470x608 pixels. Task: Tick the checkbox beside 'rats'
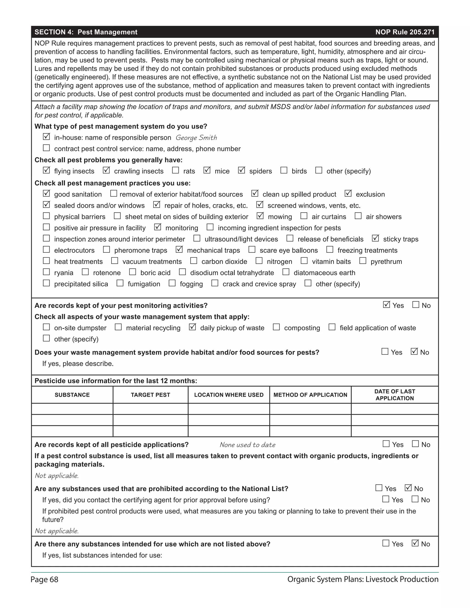coord(175,170)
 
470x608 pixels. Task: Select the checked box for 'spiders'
coord(241,170)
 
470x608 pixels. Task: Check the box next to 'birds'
coord(284,170)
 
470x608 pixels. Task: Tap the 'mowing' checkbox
coord(260,216)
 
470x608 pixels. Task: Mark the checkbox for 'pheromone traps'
coord(106,249)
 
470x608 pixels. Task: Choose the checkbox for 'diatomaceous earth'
coord(286,272)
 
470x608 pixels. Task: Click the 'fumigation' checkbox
coord(120,283)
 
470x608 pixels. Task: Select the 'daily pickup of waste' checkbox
coord(192,327)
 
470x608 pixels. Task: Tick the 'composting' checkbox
coord(276,327)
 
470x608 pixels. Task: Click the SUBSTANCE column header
coord(72,395)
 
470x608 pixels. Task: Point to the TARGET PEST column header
coord(150,395)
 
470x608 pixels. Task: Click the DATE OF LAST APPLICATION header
coord(394,395)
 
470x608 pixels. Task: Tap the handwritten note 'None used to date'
coord(248,445)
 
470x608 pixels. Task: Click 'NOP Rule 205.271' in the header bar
coord(405,32)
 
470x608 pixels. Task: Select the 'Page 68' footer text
coord(45,580)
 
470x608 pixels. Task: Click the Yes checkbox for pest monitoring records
coord(386,304)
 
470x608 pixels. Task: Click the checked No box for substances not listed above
coord(415,543)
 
